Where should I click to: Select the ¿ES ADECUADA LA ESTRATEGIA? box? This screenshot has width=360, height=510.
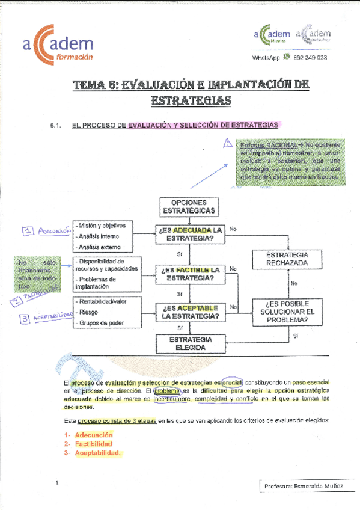click(x=190, y=235)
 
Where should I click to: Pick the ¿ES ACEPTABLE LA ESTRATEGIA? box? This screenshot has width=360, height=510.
click(x=190, y=311)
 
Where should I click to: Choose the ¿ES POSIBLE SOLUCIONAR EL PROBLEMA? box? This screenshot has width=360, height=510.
click(x=284, y=312)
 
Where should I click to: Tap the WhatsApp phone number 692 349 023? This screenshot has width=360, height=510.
click(x=311, y=57)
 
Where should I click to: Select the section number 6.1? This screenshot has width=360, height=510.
click(x=58, y=126)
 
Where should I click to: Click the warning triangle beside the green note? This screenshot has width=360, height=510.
click(x=227, y=144)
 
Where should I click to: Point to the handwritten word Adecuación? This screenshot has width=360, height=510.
click(x=51, y=230)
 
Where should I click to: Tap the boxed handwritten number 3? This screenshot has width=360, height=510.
click(x=25, y=319)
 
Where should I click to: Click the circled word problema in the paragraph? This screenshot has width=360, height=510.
click(x=163, y=391)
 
